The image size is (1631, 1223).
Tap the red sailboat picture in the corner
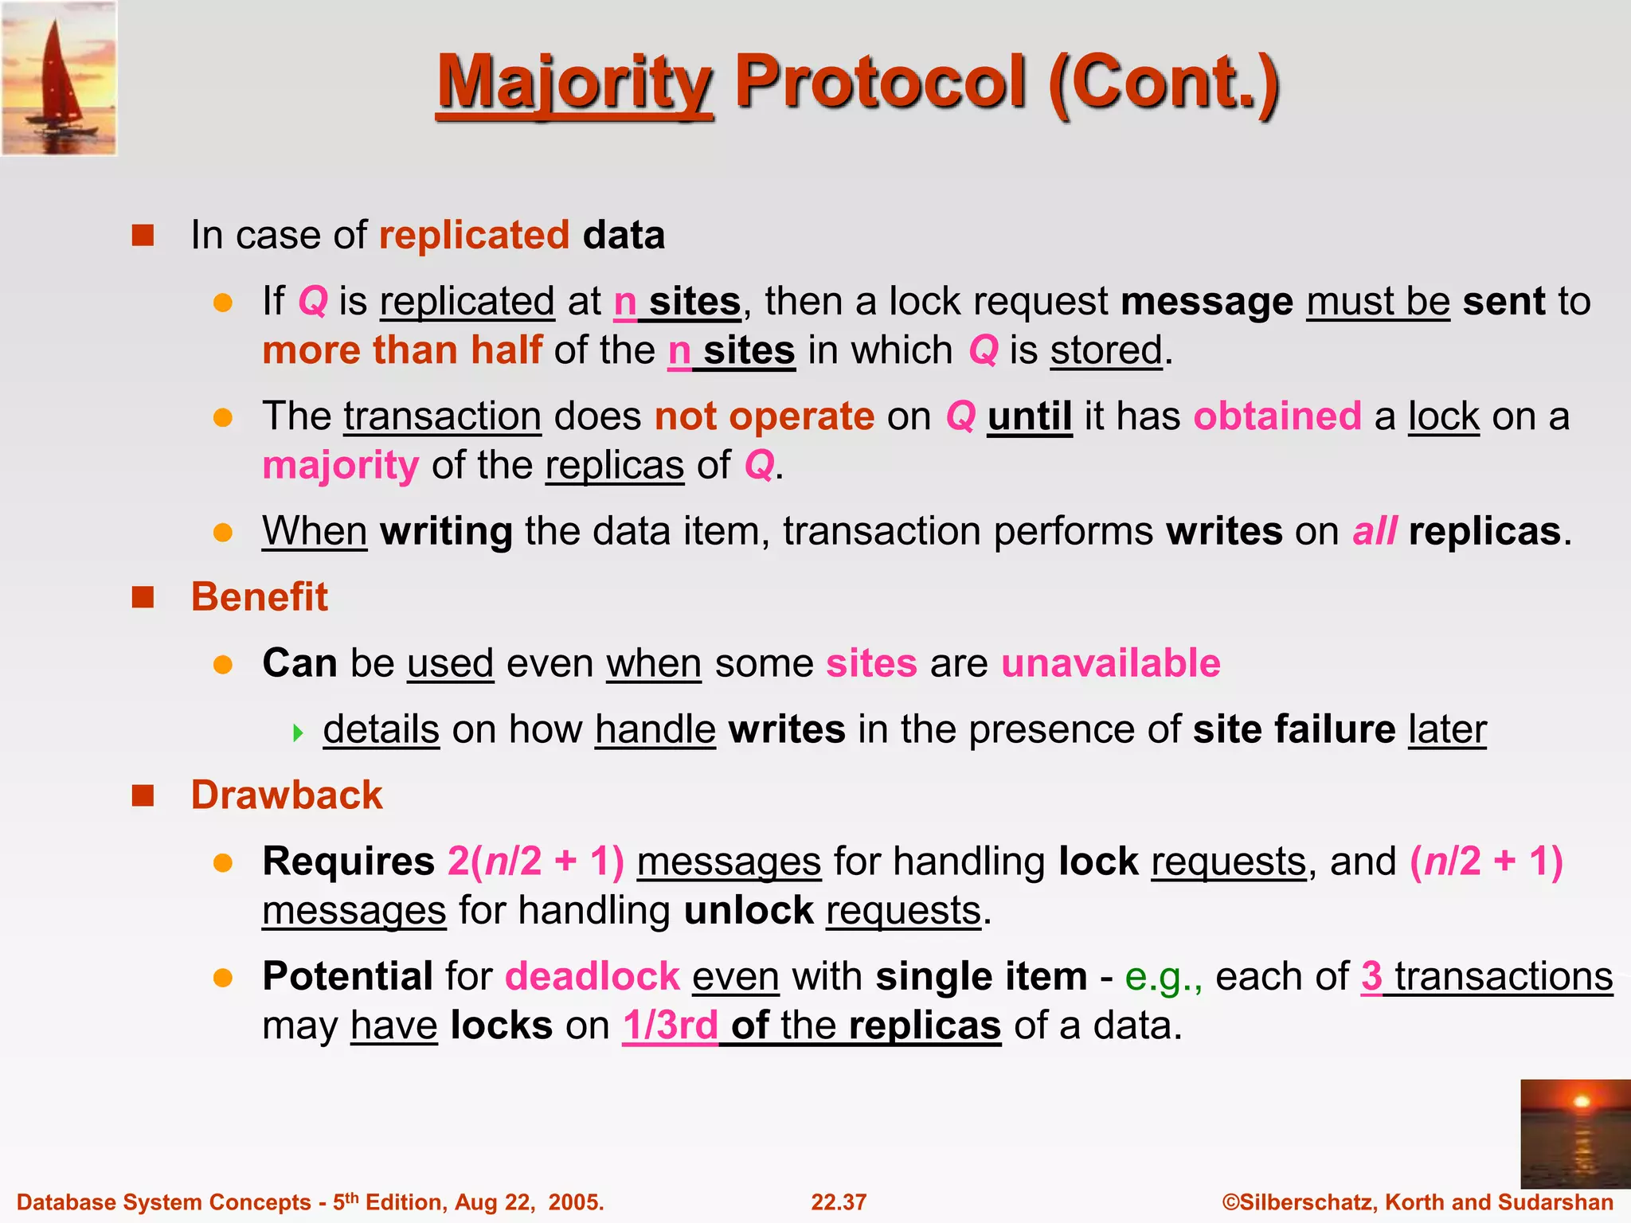[59, 78]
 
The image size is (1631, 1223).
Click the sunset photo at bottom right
[1574, 1133]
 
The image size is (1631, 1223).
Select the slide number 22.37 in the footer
[838, 1202]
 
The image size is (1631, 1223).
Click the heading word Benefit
[259, 597]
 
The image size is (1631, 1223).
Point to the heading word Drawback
[287, 795]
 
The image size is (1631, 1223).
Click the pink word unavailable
[1110, 663]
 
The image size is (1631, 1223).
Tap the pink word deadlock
[592, 977]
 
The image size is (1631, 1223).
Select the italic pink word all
[1374, 532]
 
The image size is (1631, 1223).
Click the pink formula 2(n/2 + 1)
[535, 862]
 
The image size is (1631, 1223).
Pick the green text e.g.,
[1163, 977]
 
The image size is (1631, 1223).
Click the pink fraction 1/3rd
[670, 1026]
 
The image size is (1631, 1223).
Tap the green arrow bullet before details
[299, 732]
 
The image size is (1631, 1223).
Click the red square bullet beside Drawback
[143, 795]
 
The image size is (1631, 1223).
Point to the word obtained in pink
[1277, 416]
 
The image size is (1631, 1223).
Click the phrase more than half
[402, 351]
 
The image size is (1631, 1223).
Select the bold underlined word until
[1029, 416]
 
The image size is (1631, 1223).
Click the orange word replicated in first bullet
[474, 236]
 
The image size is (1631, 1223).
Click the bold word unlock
[748, 911]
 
